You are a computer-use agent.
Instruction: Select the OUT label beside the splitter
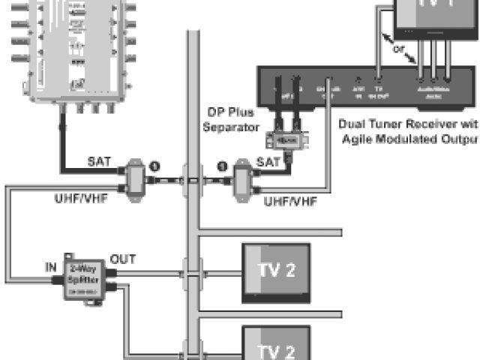point(122,259)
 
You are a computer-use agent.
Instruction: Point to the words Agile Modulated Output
point(409,139)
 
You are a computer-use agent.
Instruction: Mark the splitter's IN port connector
point(58,279)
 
